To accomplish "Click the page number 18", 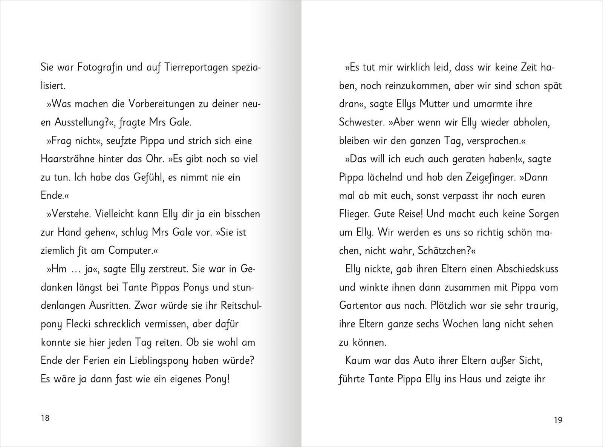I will coord(45,418).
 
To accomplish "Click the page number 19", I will coord(558,420).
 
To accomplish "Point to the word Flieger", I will coord(354,214).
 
